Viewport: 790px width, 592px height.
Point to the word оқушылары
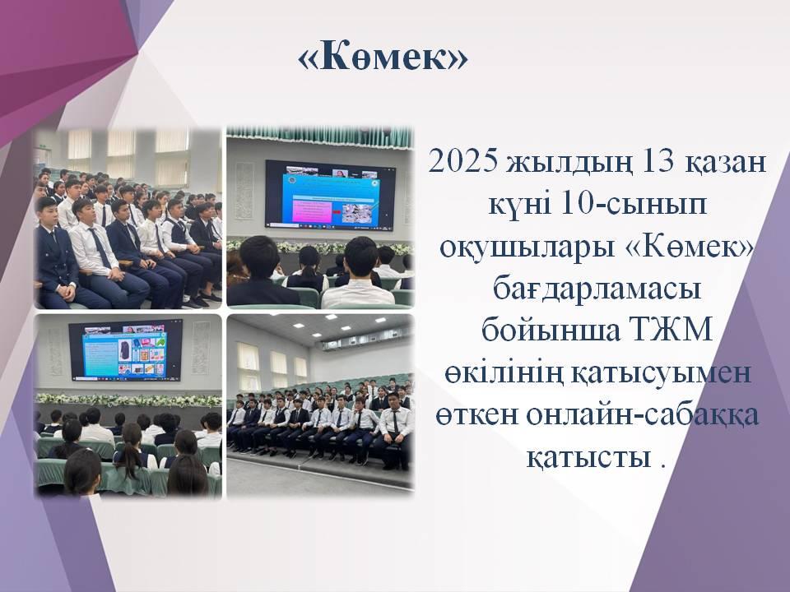(x=527, y=247)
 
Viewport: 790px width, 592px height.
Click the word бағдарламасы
(x=597, y=290)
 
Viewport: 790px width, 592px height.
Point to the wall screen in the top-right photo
(x=330, y=196)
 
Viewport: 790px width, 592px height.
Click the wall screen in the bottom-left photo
(x=126, y=349)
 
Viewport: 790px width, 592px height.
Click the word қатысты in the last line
(x=588, y=458)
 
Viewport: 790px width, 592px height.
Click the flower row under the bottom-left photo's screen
(x=128, y=400)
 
